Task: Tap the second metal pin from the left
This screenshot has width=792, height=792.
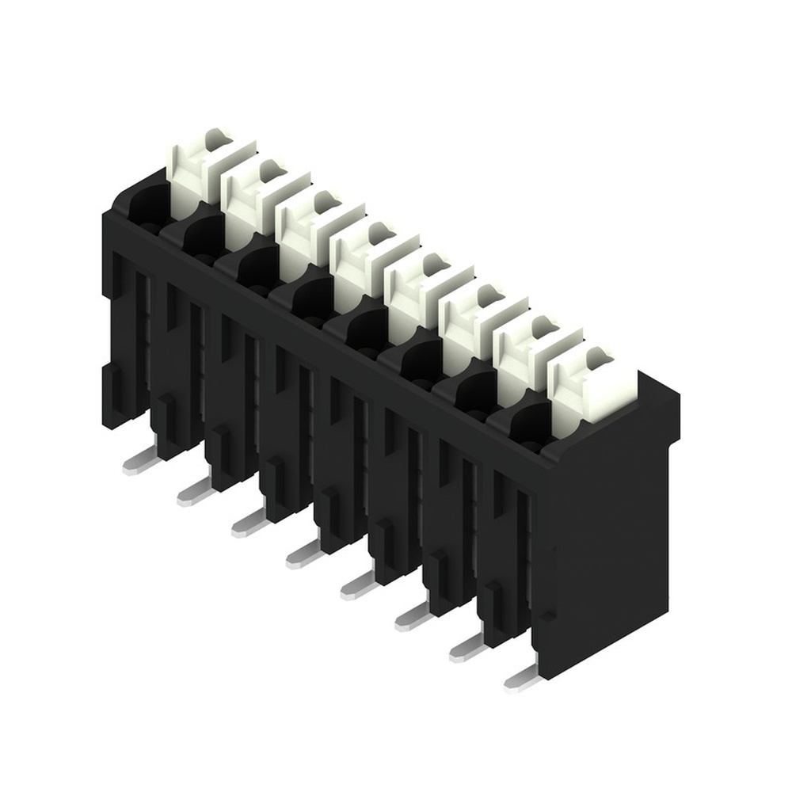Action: pyautogui.click(x=194, y=493)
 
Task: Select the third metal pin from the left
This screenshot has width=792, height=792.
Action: pyautogui.click(x=249, y=524)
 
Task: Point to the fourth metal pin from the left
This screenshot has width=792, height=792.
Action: pyautogui.click(x=303, y=554)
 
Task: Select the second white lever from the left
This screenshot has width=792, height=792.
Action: pyautogui.click(x=255, y=201)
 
